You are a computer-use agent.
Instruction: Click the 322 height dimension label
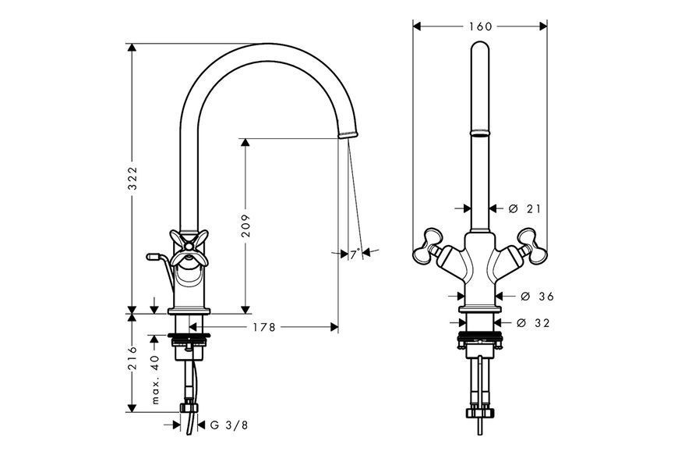click(132, 178)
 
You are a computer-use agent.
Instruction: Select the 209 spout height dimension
click(245, 225)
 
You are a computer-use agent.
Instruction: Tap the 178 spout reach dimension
click(264, 327)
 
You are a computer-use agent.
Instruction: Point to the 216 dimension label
click(132, 357)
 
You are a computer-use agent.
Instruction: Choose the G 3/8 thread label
click(229, 425)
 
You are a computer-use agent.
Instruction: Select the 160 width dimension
click(481, 27)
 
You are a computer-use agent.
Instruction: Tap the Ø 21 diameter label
click(524, 209)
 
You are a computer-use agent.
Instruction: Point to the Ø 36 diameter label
click(538, 297)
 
